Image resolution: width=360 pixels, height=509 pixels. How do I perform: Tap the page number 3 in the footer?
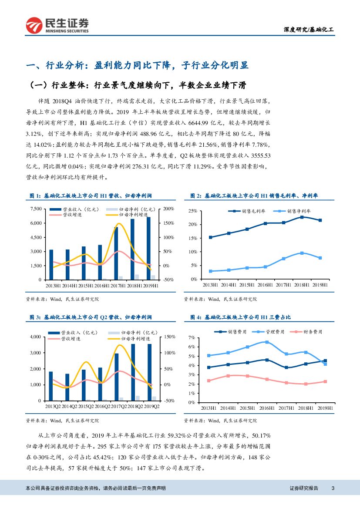(333, 488)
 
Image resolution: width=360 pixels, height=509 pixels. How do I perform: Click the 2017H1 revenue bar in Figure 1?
(116, 253)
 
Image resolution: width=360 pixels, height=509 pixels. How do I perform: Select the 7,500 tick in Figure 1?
(36, 209)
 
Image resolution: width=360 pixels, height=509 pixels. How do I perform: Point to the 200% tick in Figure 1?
(168, 209)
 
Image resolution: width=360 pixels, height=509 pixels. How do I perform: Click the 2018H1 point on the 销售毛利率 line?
(302, 217)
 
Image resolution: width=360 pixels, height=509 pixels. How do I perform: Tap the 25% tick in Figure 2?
(193, 211)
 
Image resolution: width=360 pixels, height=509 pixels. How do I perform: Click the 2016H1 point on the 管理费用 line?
(267, 342)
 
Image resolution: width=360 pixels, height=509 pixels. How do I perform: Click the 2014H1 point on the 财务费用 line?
(228, 376)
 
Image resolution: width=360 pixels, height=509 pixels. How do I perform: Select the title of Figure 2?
(254, 196)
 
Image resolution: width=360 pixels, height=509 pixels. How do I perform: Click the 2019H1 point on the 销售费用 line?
(325, 361)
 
